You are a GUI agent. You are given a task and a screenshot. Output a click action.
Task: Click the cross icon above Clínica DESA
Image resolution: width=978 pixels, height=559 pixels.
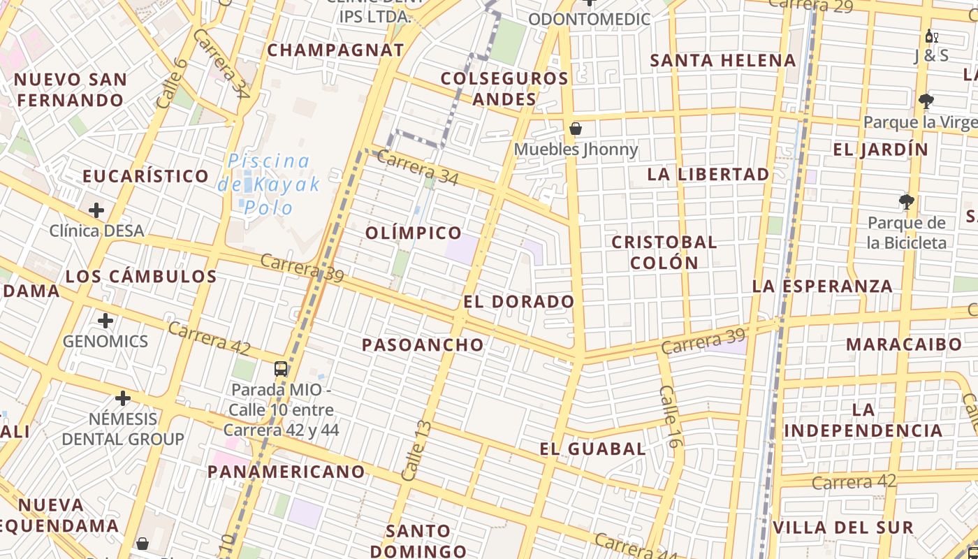(96, 210)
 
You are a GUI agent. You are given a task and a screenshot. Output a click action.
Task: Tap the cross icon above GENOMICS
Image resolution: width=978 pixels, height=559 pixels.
(105, 321)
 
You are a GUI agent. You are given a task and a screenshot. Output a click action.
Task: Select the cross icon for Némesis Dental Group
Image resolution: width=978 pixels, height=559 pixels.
(123, 398)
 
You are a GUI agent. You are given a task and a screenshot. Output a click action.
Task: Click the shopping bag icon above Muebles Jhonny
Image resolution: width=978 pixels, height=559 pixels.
(576, 129)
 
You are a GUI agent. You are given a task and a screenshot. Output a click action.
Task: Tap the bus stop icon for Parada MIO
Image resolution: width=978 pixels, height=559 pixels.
(281, 369)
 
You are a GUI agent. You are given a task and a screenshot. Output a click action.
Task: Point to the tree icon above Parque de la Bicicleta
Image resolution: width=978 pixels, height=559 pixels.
(907, 203)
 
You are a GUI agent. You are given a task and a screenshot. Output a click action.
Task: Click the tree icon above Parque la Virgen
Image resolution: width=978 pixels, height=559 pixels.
(926, 102)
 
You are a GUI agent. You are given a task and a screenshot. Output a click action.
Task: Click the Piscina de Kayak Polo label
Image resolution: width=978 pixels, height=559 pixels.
(269, 184)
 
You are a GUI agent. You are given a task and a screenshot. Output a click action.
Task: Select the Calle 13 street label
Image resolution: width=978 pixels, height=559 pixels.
(417, 450)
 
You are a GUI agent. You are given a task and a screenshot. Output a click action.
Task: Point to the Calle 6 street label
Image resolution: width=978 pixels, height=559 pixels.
(172, 83)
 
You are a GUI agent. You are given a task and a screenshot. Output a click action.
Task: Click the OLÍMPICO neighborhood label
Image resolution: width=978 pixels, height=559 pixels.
(414, 233)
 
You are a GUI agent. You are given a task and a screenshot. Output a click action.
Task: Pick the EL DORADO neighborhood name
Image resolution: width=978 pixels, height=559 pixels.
(519, 302)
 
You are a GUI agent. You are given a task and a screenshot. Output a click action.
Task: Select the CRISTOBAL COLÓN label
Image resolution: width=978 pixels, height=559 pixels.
(664, 252)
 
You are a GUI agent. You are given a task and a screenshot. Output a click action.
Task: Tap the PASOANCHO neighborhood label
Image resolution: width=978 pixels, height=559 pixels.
(423, 344)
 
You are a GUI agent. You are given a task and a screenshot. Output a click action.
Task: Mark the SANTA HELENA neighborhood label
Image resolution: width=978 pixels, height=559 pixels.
(723, 61)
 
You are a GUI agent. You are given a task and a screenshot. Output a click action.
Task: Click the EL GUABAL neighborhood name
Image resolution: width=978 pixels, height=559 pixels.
(592, 449)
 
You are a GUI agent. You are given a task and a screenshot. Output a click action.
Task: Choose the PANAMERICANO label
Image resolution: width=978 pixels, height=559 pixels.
(286, 472)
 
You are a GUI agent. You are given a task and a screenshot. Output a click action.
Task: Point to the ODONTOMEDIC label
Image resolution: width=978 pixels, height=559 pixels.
(590, 20)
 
